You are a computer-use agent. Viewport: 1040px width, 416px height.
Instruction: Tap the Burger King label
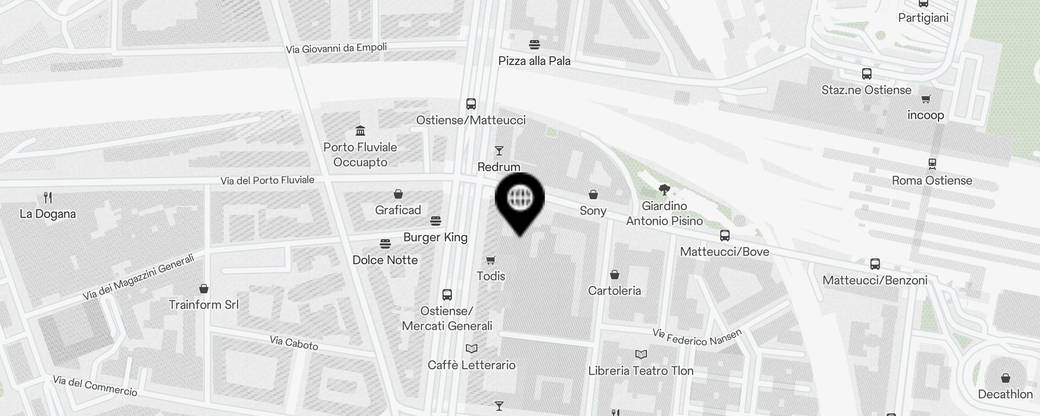tap(435, 237)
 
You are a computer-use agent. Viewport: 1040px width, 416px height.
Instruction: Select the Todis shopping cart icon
tap(490, 260)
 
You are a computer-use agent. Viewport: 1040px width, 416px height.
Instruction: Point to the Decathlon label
tap(1005, 394)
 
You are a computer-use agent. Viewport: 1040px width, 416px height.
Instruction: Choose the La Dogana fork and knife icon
tap(48, 198)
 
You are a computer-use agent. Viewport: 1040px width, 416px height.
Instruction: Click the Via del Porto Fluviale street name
tap(267, 180)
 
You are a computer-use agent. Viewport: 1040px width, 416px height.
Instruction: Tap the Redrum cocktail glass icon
tap(499, 151)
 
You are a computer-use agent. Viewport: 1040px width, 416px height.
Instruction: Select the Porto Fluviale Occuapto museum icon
tap(360, 130)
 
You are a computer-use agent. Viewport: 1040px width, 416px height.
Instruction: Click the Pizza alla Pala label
tap(534, 61)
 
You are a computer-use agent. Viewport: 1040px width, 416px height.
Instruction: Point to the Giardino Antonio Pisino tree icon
tap(664, 189)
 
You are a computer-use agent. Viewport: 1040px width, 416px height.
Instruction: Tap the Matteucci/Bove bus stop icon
tap(724, 236)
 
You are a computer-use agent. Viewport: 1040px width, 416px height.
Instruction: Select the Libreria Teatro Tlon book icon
tap(641, 355)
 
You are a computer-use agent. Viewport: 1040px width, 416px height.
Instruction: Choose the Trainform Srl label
tap(204, 305)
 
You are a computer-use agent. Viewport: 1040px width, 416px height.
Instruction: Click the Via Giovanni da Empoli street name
tap(336, 48)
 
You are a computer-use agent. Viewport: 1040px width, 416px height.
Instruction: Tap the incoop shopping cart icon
tap(926, 99)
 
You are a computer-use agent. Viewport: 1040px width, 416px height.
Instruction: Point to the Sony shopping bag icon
tap(593, 194)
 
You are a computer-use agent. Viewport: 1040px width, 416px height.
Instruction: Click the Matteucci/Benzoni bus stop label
tap(875, 280)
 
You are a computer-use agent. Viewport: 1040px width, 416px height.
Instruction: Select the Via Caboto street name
tap(294, 343)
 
